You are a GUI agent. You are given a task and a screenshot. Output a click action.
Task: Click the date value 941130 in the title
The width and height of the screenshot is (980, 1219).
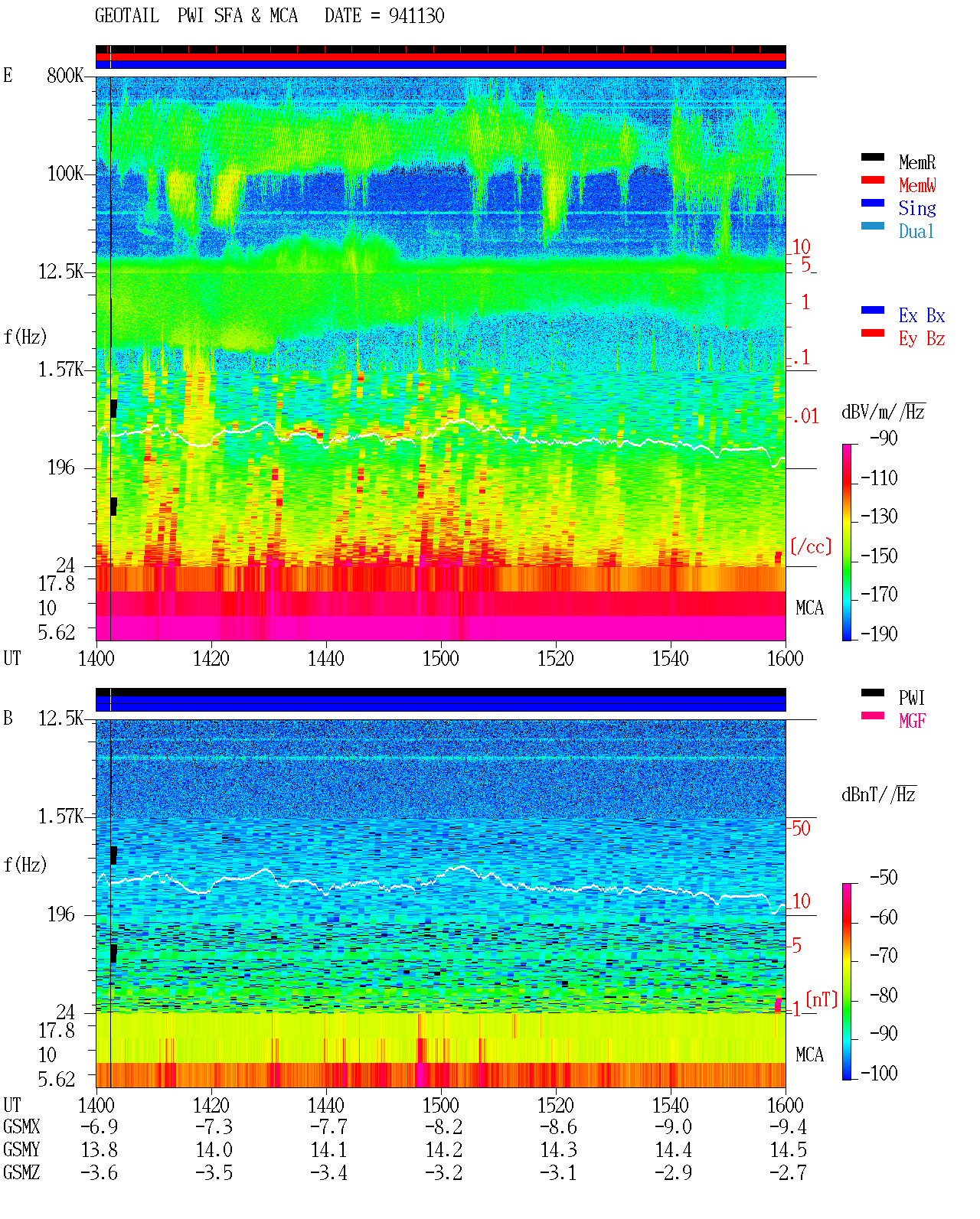[x=416, y=15]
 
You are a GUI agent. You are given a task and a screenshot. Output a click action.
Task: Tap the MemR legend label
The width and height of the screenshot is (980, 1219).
[x=917, y=162]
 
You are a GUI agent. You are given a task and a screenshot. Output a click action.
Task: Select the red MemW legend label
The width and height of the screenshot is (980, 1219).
[x=917, y=184]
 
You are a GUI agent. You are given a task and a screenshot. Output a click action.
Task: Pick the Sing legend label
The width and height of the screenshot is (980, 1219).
[x=917, y=208]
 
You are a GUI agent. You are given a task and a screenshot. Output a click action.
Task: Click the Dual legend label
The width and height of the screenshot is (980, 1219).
[x=916, y=231]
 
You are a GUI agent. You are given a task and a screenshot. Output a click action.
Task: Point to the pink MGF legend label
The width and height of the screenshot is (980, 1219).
[x=913, y=721]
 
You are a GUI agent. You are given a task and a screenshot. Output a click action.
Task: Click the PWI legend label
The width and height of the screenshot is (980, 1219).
[x=912, y=697]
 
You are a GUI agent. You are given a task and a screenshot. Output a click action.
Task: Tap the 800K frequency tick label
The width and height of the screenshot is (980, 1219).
[x=65, y=75]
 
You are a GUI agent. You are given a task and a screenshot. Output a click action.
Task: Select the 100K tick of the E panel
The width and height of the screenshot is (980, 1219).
[x=65, y=174]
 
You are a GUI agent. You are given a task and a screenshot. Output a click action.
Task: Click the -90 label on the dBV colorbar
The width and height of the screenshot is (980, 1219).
[x=884, y=438]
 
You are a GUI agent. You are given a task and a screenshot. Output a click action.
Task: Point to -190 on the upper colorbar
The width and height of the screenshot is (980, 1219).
[x=879, y=634]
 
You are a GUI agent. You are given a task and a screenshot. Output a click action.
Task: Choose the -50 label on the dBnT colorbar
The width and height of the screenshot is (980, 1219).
[x=884, y=878]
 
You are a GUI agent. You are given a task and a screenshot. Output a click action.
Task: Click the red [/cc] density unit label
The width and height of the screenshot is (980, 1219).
[x=811, y=546]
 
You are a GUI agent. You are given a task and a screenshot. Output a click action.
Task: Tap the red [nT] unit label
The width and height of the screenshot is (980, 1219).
[x=822, y=999]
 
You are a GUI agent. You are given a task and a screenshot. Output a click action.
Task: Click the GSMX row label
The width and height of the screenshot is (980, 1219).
[x=21, y=1126]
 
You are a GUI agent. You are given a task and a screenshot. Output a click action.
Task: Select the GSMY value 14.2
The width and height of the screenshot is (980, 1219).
[x=444, y=1150]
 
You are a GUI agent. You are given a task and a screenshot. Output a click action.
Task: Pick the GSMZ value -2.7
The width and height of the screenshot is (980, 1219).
[x=788, y=1172]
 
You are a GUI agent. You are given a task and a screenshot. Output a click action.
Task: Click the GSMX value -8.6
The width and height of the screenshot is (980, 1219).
[x=558, y=1126]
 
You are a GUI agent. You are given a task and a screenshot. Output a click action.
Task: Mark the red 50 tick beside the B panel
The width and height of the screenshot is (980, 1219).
[x=801, y=829]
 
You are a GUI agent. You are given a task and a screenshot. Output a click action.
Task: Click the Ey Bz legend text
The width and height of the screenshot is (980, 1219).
[x=922, y=338]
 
